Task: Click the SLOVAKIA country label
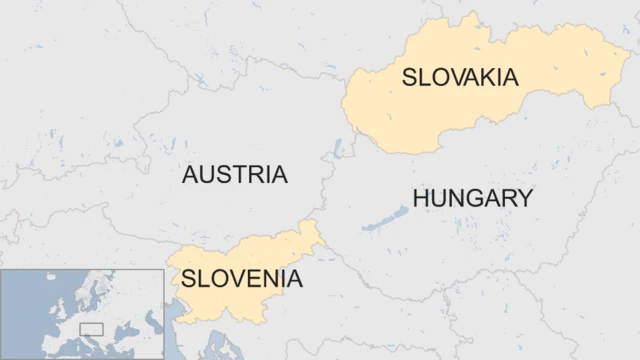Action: point(459,77)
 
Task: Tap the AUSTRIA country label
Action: point(234,174)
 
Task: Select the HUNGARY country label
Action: point(472,198)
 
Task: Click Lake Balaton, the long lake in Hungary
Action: point(386,219)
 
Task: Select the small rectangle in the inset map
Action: point(92,329)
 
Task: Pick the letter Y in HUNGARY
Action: point(523,198)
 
